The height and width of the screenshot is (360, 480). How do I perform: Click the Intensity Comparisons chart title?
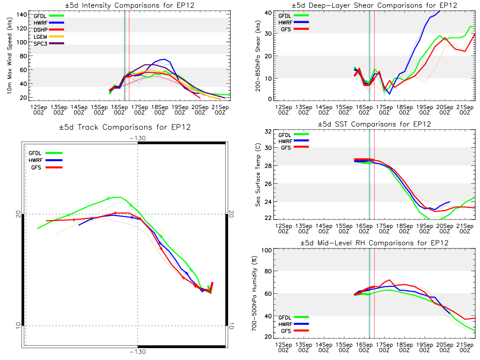(x=130, y=5)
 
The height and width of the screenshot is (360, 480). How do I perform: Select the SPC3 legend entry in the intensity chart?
(x=48, y=44)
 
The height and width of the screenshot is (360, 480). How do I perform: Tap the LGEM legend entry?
(x=48, y=37)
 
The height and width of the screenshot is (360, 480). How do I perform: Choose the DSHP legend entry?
(x=48, y=30)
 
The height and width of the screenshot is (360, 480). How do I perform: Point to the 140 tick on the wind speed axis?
(x=22, y=15)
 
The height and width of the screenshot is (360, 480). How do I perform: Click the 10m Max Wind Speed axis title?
(x=10, y=56)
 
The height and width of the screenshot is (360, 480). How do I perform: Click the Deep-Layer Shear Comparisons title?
(x=374, y=5)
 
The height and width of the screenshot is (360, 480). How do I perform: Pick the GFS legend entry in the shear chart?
(x=294, y=29)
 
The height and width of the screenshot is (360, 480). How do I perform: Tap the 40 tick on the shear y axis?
(x=268, y=13)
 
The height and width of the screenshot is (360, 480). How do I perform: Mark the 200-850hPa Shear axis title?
(x=258, y=56)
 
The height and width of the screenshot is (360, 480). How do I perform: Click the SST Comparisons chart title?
(x=374, y=124)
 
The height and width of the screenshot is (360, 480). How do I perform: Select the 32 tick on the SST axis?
(x=268, y=132)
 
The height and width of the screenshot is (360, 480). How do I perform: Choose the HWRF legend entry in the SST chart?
(x=293, y=141)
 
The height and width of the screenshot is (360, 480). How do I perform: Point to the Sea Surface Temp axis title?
(x=258, y=175)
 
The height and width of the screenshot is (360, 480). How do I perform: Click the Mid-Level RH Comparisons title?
(x=374, y=243)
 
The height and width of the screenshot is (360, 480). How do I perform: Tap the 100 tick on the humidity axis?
(x=266, y=250)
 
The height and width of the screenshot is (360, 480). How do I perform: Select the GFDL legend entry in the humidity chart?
(x=293, y=317)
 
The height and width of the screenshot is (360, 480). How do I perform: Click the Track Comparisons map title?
(x=125, y=127)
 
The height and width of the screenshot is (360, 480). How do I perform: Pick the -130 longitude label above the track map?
(x=138, y=138)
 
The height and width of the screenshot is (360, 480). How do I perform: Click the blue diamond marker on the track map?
(x=202, y=290)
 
